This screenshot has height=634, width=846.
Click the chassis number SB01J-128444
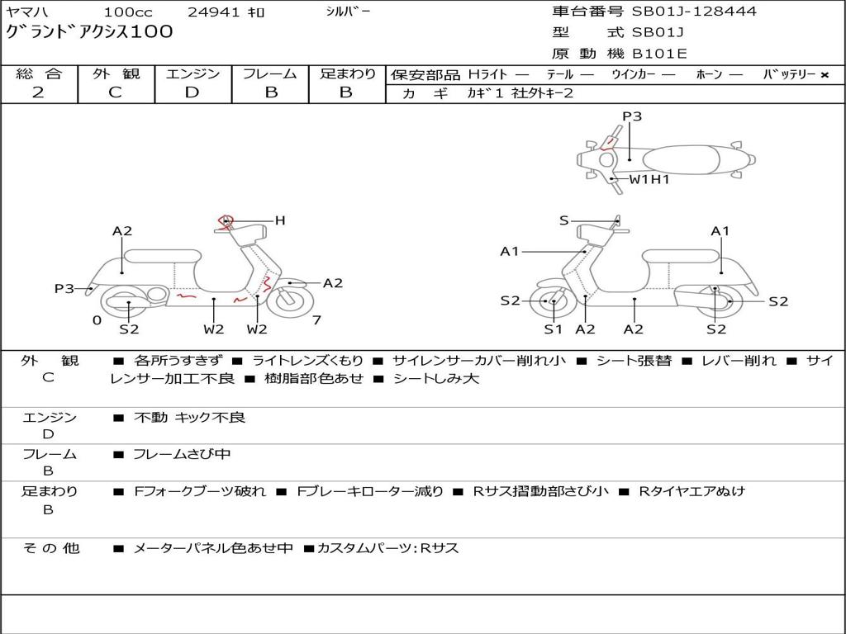(694, 11)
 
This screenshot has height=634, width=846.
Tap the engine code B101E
(659, 54)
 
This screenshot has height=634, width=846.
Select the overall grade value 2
(38, 92)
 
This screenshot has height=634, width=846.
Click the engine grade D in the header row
(192, 92)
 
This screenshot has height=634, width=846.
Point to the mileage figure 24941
(214, 12)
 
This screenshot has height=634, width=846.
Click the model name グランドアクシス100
(89, 31)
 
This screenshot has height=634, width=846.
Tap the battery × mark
(825, 75)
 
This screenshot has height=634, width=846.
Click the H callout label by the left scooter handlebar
(279, 220)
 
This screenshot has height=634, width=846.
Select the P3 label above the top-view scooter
(632, 116)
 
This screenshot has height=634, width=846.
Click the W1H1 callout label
(649, 179)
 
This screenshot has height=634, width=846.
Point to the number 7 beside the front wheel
(316, 320)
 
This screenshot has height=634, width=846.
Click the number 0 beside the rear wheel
(97, 321)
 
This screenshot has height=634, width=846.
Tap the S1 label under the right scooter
(553, 329)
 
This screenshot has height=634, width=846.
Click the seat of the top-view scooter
(681, 160)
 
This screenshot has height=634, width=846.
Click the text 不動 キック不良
(190, 417)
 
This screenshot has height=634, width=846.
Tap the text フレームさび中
(182, 455)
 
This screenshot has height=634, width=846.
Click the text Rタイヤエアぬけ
(692, 491)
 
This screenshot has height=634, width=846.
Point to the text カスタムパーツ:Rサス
(388, 548)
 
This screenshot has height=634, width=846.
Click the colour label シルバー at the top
(348, 12)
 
